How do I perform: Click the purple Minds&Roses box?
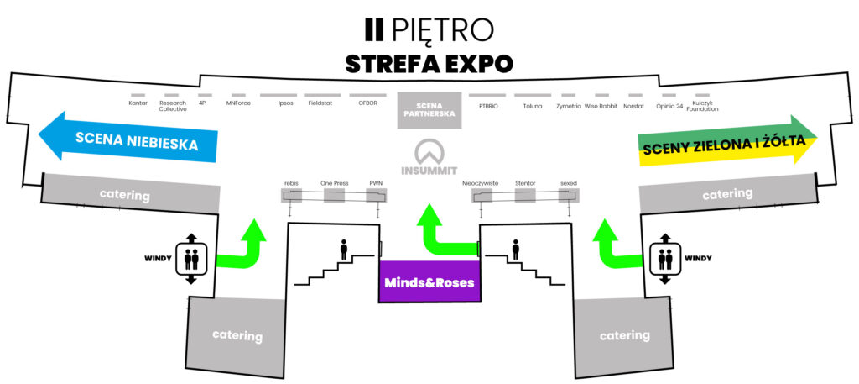[x=430, y=281]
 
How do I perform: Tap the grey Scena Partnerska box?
[x=429, y=110]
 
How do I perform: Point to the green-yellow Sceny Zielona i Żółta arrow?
[x=727, y=139]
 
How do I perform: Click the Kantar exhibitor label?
[x=138, y=103]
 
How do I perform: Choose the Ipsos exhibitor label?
[x=286, y=103]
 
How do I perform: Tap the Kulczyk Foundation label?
[x=702, y=106]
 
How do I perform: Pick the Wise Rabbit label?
[x=601, y=106]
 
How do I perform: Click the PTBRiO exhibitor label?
[x=488, y=106]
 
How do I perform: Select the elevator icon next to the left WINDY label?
[x=191, y=258]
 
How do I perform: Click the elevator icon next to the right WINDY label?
[x=665, y=258]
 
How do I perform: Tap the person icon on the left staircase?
[x=343, y=250]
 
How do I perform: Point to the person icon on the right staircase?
[x=516, y=250]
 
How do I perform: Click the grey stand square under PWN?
[x=377, y=195]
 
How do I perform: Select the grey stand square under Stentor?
[x=525, y=195]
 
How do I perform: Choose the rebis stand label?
[x=290, y=183]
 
